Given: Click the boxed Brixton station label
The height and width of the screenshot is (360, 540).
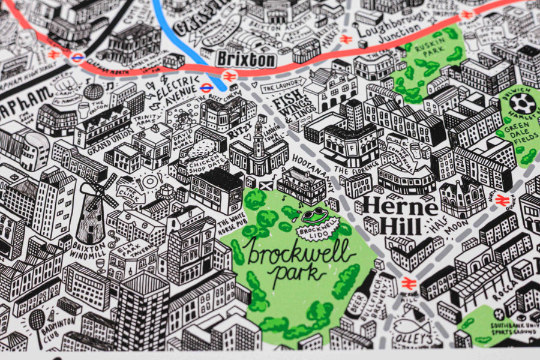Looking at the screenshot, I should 246,59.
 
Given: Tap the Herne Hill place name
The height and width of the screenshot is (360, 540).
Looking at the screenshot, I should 400,214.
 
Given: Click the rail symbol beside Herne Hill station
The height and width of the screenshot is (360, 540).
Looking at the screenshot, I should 409,282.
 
